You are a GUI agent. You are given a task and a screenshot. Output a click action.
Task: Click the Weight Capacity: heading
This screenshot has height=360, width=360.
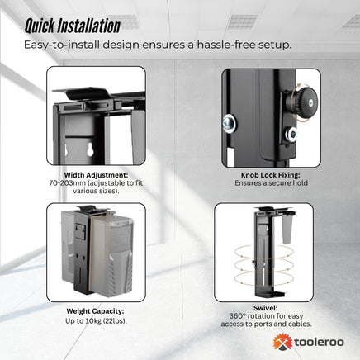point(96,312)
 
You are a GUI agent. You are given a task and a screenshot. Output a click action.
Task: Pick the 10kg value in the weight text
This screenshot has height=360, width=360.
point(96,320)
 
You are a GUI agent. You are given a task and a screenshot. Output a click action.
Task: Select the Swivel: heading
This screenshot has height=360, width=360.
point(262,306)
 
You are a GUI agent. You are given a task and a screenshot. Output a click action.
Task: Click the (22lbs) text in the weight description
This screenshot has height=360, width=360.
point(118,320)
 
